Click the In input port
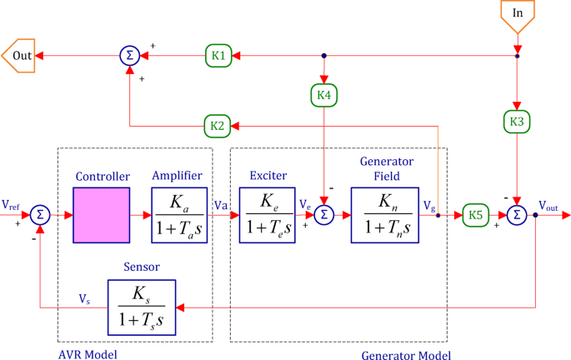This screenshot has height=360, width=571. tap(517, 13)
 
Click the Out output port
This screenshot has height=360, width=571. tap(18, 56)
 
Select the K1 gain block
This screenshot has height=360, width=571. tap(218, 56)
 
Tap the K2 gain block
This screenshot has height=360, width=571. tap(218, 127)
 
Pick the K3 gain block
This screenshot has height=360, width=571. tap(517, 122)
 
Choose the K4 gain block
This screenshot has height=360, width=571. tap(323, 96)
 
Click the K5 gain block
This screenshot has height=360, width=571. tap(475, 215)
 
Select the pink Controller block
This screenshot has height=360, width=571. tap(101, 215)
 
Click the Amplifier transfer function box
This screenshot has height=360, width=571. tap(178, 215)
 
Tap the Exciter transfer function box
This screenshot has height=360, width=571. tap(267, 215)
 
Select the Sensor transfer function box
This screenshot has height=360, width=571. tap(142, 306)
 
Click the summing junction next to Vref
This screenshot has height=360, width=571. tap(39, 215)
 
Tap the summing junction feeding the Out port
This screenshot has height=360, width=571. tap(129, 56)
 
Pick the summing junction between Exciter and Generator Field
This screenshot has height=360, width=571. tap(323, 215)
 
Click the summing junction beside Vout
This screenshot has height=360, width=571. tap(517, 215)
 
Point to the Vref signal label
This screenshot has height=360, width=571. tap(12, 204)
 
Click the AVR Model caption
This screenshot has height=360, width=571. tap(87, 354)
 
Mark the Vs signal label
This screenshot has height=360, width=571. tap(85, 297)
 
